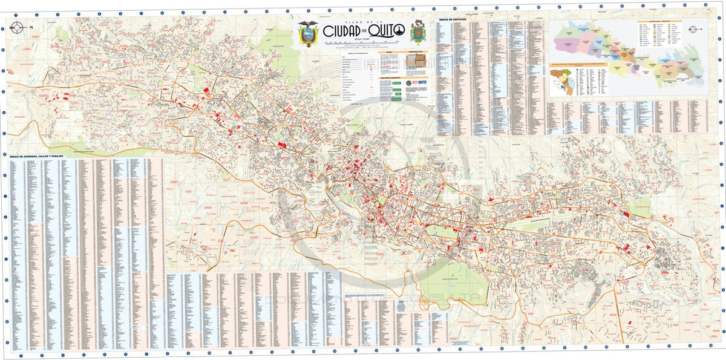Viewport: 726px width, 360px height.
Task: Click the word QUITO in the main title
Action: pyautogui.click(x=383, y=31)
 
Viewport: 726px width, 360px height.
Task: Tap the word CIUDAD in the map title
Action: pyautogui.click(x=344, y=31)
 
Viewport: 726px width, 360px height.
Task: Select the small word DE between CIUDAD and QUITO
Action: pyautogui.click(x=364, y=31)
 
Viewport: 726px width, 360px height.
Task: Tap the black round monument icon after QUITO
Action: pyautogui.click(x=400, y=31)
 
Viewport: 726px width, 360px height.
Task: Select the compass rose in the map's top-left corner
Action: pyautogui.click(x=16, y=26)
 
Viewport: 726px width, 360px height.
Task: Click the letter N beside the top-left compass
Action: pyautogui.click(x=31, y=27)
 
